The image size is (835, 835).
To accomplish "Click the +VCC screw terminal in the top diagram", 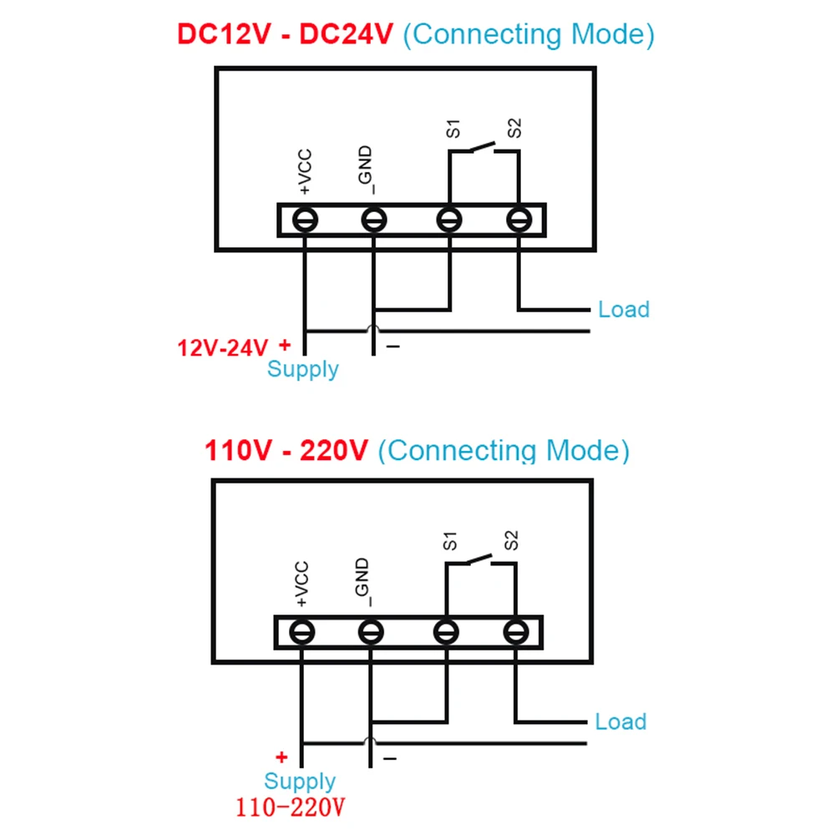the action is pyautogui.click(x=305, y=220).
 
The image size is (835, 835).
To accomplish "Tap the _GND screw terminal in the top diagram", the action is pyautogui.click(x=373, y=220).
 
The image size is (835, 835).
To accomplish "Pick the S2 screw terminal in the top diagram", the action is pyautogui.click(x=519, y=220).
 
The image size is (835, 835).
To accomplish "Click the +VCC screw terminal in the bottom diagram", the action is pyautogui.click(x=301, y=633).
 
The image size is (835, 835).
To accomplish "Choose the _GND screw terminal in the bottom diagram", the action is pyautogui.click(x=370, y=633).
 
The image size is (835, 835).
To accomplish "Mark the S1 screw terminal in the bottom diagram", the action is pyautogui.click(x=446, y=633).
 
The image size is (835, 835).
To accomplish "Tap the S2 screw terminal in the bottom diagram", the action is pyautogui.click(x=515, y=633).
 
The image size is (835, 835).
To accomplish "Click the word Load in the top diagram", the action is pyautogui.click(x=623, y=310).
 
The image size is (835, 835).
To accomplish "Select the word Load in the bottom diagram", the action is pyautogui.click(x=620, y=722).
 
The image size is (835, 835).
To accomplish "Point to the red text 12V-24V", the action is pyautogui.click(x=222, y=347).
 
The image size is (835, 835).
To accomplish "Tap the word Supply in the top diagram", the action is pyautogui.click(x=302, y=369).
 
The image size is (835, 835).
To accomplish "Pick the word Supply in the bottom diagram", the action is pyautogui.click(x=299, y=782).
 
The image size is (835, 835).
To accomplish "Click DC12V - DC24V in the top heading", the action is pyautogui.click(x=284, y=35).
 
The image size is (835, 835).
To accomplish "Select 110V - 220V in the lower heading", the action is pyautogui.click(x=286, y=451).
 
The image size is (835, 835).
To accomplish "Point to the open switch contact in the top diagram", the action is pyautogui.click(x=482, y=148).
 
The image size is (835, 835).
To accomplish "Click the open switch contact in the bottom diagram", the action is pyautogui.click(x=478, y=559).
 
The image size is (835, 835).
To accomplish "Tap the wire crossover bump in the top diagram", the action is pyautogui.click(x=373, y=330).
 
